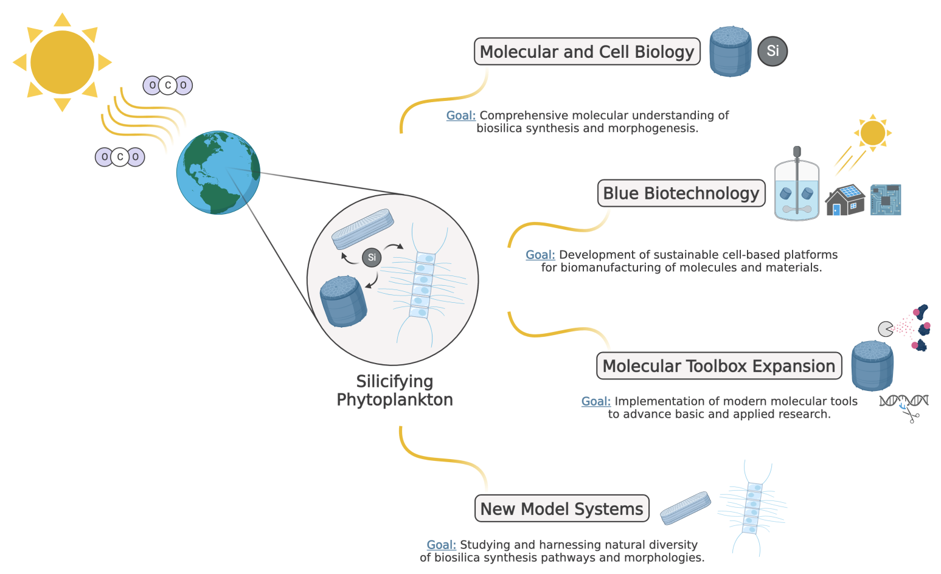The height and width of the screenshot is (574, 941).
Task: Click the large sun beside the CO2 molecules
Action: click(62, 62)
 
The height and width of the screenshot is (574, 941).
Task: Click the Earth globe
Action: click(218, 172)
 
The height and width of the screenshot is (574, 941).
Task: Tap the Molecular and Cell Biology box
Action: click(587, 52)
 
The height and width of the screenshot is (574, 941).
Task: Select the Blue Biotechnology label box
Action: click(681, 193)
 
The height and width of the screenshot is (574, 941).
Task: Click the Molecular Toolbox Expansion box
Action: click(719, 366)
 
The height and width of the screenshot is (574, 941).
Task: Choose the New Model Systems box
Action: click(561, 509)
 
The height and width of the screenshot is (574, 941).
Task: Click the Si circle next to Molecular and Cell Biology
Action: click(773, 51)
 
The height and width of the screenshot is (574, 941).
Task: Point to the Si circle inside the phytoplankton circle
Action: click(372, 257)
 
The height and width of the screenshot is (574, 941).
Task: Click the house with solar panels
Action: click(845, 200)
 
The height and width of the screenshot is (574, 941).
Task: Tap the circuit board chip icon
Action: click(886, 200)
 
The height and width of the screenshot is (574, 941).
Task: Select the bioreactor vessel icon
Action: click(797, 185)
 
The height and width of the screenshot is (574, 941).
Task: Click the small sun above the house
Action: click(873, 133)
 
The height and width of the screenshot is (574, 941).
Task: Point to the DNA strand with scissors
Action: click(905, 406)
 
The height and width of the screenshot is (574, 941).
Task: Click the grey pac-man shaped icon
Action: click(886, 329)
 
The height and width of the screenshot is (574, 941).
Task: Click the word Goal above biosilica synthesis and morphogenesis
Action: click(461, 116)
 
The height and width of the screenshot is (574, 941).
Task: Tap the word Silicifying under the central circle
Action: click(395, 381)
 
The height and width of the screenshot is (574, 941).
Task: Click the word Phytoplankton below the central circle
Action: click(395, 400)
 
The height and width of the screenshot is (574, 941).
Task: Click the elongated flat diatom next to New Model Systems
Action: click(686, 508)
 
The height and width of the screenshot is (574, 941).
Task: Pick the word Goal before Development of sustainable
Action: click(540, 255)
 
